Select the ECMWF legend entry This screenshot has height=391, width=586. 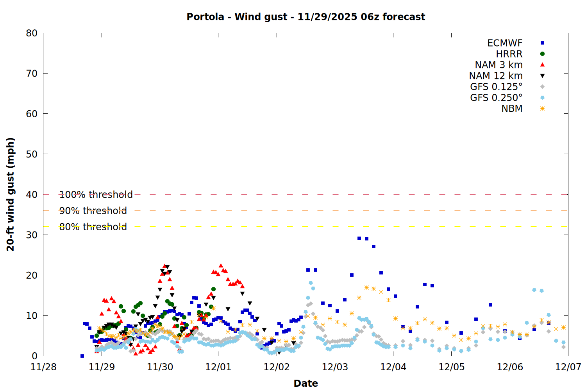coord(505,43)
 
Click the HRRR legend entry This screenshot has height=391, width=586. coord(509,54)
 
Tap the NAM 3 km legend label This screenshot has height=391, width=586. coord(498,65)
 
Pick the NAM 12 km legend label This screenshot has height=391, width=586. coord(496,76)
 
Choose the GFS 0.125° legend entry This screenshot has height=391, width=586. coord(496,87)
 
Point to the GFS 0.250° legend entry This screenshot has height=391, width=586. coord(496,98)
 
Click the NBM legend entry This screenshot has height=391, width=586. coord(512,109)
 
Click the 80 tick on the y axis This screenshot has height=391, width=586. coord(32,33)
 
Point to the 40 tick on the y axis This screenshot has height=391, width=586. coord(32,194)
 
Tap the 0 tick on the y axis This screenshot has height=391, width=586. coord(35,356)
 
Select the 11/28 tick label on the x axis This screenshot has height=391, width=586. coord(43,367)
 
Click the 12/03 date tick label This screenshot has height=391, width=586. coord(335,367)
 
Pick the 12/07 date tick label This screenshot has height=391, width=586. coord(568,367)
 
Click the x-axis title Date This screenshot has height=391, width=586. coord(306,383)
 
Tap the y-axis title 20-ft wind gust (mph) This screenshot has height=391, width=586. coord(11,194)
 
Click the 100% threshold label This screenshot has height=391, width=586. coord(96,194)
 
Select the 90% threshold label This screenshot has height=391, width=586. coord(93,211)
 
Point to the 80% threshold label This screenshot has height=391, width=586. coord(93,227)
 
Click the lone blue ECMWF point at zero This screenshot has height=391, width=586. coord(82,356)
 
